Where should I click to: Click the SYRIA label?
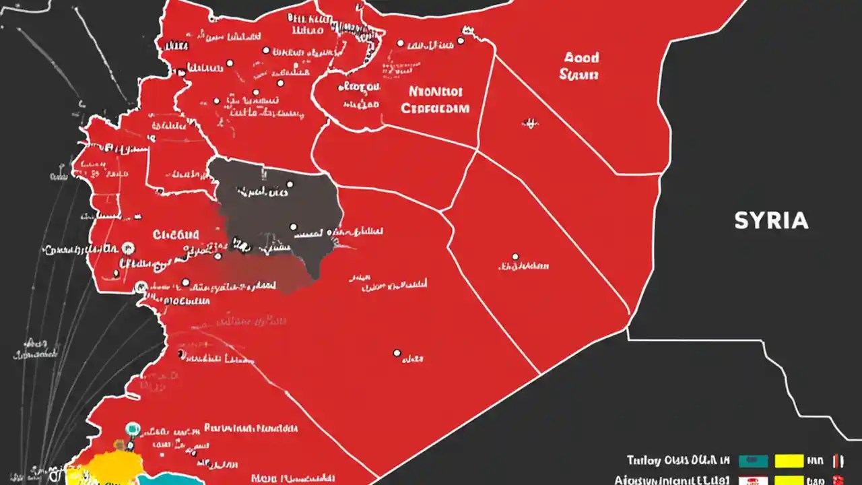771,220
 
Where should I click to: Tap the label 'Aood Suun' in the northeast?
578,67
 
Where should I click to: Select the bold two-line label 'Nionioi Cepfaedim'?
435,99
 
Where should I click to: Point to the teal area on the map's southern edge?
168,479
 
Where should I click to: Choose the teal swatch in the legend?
753,461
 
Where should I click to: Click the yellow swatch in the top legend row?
789,461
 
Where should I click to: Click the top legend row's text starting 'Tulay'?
677,461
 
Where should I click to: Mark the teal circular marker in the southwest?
133,428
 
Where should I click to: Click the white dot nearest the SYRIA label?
515,257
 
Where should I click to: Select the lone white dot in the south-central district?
397,352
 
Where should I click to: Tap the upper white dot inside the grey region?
290,183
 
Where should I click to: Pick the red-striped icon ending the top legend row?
838,461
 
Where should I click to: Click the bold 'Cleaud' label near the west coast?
176,235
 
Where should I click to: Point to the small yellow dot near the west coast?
119,445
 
